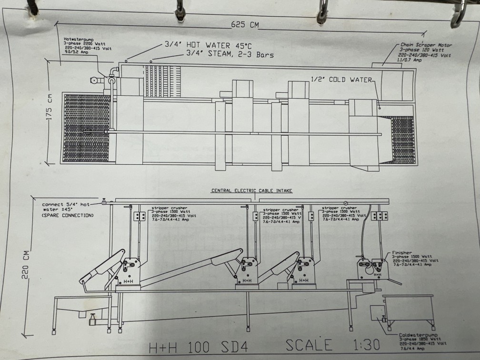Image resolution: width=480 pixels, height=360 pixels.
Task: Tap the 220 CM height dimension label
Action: (x=26, y=262)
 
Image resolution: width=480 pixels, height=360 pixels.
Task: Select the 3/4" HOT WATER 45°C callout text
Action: (x=204, y=45)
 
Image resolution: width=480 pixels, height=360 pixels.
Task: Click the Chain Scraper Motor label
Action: (x=426, y=45)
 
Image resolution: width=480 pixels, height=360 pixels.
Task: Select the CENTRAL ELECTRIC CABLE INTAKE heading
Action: (x=252, y=190)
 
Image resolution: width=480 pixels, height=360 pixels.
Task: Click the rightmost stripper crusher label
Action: (x=339, y=208)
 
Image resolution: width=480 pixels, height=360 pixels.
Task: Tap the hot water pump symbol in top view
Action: (x=112, y=81)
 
